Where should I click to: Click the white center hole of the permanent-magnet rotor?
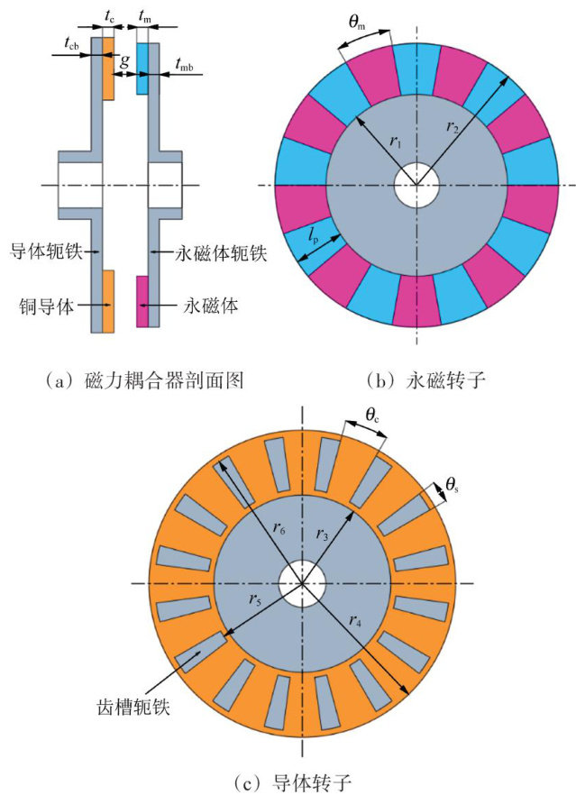click(x=416, y=186)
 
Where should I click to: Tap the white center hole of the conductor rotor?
click(x=302, y=583)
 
